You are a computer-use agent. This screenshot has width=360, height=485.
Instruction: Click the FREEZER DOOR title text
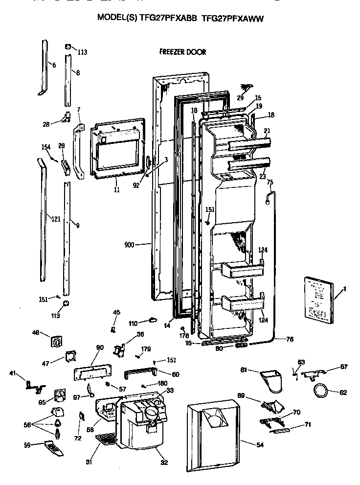point(182,51)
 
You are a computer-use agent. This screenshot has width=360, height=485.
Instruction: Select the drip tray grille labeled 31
point(107,439)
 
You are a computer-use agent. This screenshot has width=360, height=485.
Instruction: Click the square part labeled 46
point(56,342)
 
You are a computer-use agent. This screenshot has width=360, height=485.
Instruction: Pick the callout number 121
point(55,219)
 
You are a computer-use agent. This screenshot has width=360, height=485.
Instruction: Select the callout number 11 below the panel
point(116,189)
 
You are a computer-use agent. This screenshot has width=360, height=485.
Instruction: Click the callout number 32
point(162,462)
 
